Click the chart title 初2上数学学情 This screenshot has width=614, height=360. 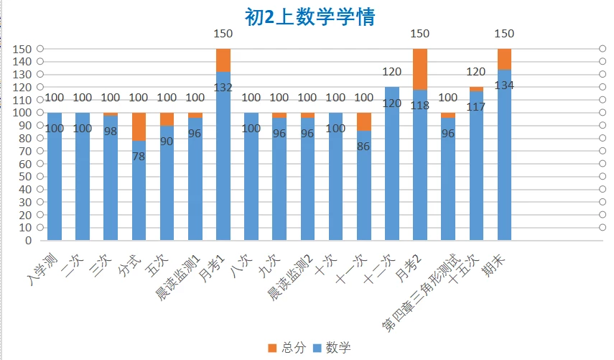[x=310, y=17]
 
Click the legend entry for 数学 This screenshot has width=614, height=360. [x=331, y=348]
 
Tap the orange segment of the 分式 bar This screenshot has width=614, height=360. [x=139, y=126]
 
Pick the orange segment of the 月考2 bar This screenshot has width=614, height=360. [x=420, y=69]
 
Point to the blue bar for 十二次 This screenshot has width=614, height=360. [x=392, y=172]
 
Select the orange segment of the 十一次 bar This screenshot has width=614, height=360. [x=364, y=121]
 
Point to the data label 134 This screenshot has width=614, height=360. [x=505, y=85]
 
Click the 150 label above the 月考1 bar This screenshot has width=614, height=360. [x=223, y=34]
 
